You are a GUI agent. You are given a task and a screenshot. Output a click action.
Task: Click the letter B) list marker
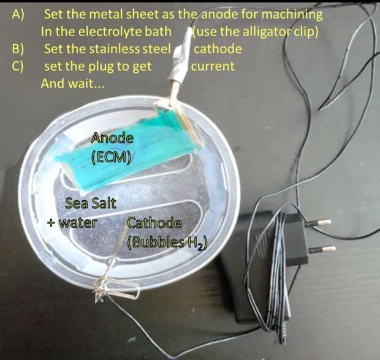(x=18, y=49)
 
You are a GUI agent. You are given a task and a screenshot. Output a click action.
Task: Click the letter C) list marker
(x=18, y=66)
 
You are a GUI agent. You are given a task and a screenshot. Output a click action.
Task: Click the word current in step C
(x=213, y=66)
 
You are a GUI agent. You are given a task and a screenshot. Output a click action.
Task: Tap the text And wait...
(x=72, y=83)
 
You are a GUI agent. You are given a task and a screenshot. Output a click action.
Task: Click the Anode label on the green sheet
(x=112, y=139)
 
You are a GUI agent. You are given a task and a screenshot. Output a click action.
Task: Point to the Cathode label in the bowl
(x=154, y=223)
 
